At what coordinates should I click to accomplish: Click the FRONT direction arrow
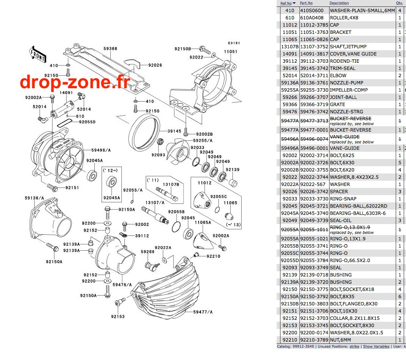click(x=38, y=54)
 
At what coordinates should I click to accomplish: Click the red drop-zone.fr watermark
click(x=75, y=82)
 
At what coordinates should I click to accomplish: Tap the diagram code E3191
click(x=234, y=43)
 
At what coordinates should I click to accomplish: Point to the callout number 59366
click(x=110, y=49)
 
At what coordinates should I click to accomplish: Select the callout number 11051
click(x=231, y=51)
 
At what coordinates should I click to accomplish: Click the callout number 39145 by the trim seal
click(x=174, y=131)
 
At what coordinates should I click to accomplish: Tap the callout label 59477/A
click(x=203, y=312)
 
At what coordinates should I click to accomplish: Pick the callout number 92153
click(x=118, y=316)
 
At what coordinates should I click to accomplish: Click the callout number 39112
click(x=142, y=236)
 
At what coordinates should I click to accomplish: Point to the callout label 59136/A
click(x=35, y=198)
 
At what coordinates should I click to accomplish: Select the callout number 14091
click(x=66, y=93)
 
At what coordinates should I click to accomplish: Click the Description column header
click(x=339, y=3)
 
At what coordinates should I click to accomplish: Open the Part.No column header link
click(x=306, y=3)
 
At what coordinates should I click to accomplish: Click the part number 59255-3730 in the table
click(x=314, y=90)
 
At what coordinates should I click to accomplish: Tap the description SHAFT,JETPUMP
click(x=348, y=47)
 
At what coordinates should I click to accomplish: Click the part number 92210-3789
click(x=314, y=340)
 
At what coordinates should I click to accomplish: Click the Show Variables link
click(x=376, y=347)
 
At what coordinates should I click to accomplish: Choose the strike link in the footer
click(x=355, y=347)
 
